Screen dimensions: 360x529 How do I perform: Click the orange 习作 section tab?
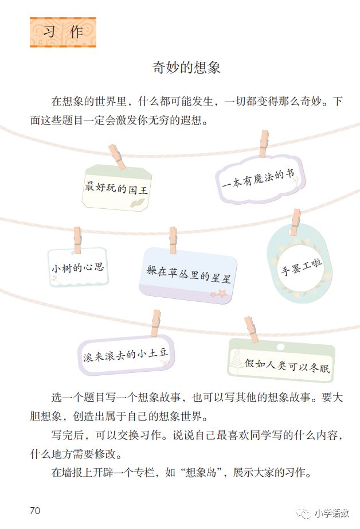tap(62, 33)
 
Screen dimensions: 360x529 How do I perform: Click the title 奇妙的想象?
tap(186, 67)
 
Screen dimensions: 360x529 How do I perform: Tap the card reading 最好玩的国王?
tap(116, 187)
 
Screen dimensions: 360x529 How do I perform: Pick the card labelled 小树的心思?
tap(78, 267)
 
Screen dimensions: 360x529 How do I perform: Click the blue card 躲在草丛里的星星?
tap(188, 275)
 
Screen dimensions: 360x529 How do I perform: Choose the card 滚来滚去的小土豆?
tap(126, 354)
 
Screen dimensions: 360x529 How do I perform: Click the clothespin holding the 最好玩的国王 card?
tap(117, 156)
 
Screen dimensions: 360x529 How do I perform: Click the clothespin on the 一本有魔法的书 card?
tap(263, 143)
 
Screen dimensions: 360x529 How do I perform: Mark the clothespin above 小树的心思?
tap(77, 240)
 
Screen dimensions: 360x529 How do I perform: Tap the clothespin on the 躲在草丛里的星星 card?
tap(173, 240)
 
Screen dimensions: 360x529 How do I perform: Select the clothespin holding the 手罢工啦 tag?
tap(295, 222)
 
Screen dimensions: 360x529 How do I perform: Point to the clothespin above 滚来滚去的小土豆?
tap(155, 323)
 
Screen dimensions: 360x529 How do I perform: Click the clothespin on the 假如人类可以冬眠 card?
tap(251, 329)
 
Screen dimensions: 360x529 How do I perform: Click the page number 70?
tap(34, 511)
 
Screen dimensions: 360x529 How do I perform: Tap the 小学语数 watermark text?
tap(332, 512)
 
